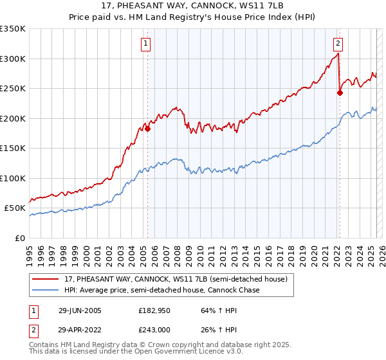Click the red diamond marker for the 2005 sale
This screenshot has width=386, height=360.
(x=147, y=129)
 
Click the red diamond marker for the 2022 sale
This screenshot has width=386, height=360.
(x=340, y=93)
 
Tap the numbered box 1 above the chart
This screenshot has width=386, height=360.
(x=147, y=44)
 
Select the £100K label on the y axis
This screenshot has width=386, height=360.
(x=13, y=178)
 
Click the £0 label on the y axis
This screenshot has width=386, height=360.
(x=19, y=238)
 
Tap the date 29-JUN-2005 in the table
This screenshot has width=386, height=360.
(x=80, y=310)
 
